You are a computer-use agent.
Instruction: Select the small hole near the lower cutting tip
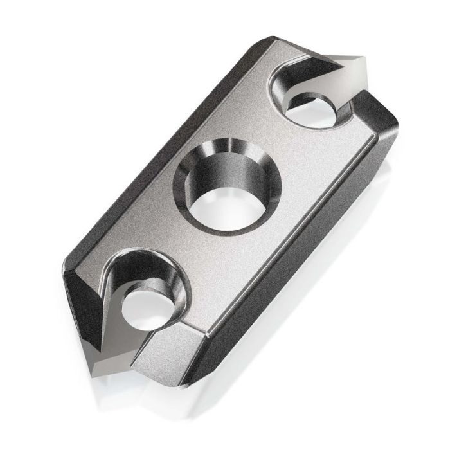pyautogui.click(x=147, y=307)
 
